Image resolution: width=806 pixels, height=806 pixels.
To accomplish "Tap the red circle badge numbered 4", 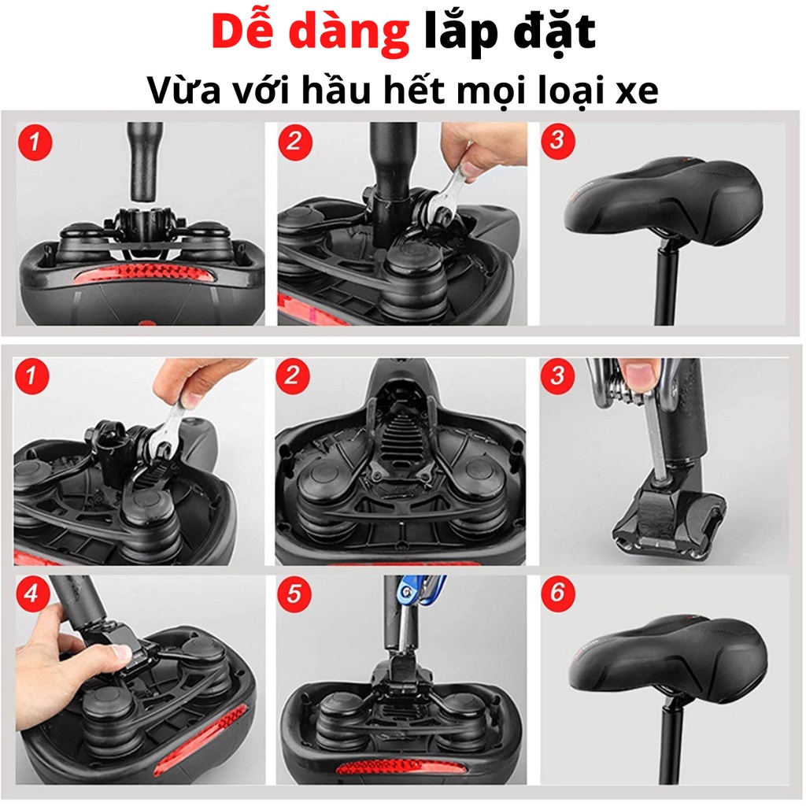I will point(31,594).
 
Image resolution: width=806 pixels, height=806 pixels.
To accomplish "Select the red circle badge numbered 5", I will point(294,594).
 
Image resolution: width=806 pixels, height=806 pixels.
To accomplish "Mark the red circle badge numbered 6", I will point(557,594).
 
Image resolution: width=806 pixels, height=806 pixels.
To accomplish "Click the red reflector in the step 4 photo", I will point(201,740).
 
